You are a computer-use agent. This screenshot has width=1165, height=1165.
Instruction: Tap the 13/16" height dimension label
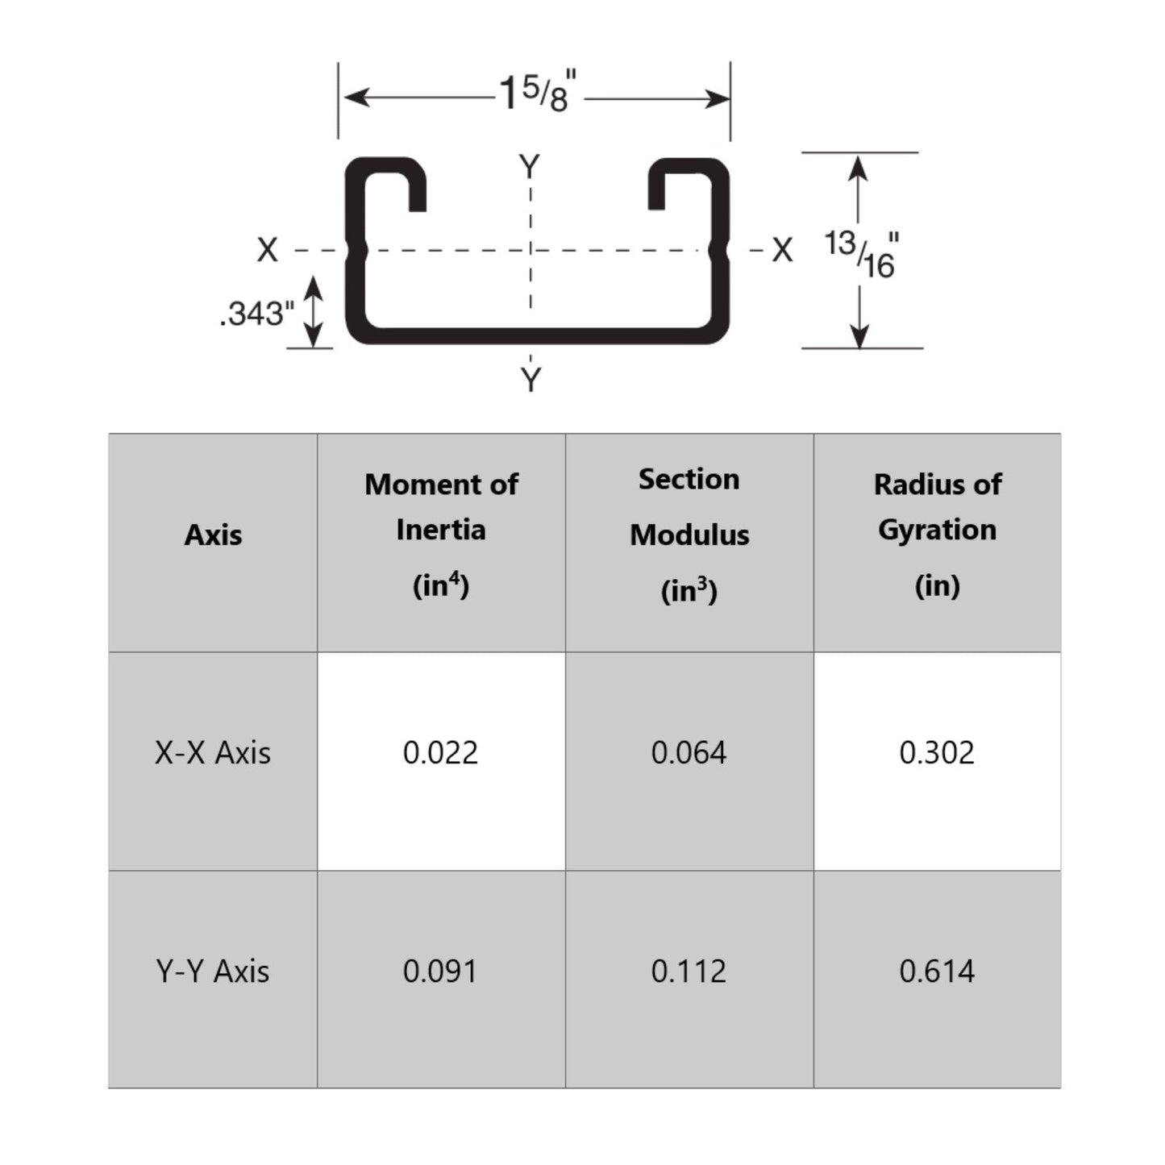click(862, 254)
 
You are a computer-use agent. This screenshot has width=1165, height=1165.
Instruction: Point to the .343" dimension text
click(257, 314)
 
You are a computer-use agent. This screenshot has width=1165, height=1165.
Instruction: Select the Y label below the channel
click(530, 381)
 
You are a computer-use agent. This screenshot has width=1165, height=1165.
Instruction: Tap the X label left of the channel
click(267, 250)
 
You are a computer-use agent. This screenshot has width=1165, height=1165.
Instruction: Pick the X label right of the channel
click(782, 250)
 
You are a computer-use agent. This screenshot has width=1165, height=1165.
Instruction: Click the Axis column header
click(213, 535)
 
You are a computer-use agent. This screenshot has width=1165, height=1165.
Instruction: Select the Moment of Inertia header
click(441, 535)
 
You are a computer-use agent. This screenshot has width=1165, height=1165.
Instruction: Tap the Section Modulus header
click(689, 535)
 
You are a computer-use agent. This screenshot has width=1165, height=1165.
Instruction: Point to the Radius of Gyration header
click(937, 535)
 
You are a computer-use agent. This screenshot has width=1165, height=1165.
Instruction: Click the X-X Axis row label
click(213, 753)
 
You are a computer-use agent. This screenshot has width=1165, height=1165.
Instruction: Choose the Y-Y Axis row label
click(213, 971)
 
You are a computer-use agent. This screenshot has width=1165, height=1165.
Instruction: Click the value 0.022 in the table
click(440, 753)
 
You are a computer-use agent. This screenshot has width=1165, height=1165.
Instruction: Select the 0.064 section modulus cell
click(689, 753)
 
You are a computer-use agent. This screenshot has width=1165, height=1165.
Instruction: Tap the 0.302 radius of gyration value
click(937, 753)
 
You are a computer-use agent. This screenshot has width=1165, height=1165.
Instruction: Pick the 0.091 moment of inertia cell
click(440, 971)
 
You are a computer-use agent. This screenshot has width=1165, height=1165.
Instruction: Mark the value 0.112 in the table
click(689, 971)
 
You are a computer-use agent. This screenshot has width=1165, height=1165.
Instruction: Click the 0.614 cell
click(937, 971)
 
